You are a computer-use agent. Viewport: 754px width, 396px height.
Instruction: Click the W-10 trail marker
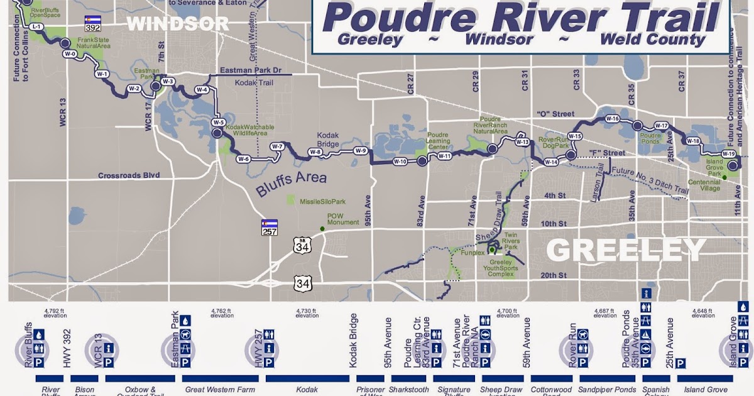coord(400,161)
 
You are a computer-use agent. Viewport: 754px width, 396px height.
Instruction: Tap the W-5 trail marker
coord(218,122)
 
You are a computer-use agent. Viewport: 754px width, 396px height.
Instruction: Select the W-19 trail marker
coord(728,153)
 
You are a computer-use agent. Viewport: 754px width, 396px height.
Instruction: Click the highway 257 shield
coord(270,228)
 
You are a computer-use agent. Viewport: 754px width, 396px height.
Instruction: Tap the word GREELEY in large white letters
coord(625,250)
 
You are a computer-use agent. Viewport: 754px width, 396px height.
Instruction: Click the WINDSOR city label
coord(178,23)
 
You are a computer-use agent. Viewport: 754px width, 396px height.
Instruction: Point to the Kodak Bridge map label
coord(327,140)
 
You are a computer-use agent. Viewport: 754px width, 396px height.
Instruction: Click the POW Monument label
coord(342,219)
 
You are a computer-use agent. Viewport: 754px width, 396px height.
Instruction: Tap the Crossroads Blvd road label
coord(129,175)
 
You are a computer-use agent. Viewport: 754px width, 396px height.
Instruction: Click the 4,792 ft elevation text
coord(55,312)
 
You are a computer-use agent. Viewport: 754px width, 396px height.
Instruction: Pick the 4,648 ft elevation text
coord(703,312)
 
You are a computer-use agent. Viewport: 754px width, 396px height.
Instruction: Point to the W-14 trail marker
coord(551,162)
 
